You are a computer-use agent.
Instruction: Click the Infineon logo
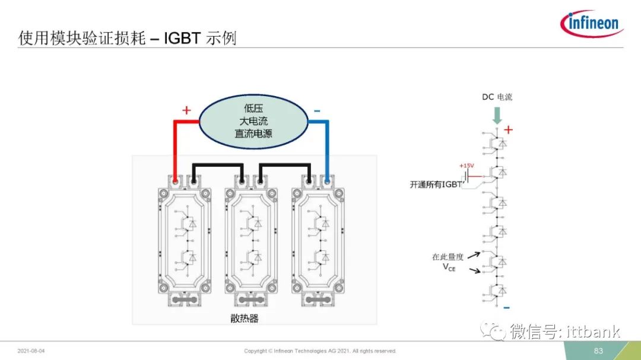tap(592, 23)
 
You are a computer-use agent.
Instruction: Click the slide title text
tap(127, 38)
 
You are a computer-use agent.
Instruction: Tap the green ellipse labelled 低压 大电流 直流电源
tap(253, 122)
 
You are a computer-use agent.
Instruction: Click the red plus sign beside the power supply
tap(186, 110)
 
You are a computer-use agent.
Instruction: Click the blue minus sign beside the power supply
tap(317, 111)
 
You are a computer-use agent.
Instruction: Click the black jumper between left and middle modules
tap(218, 165)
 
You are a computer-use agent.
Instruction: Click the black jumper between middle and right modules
tap(285, 165)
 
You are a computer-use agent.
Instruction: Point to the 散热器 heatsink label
tap(245, 318)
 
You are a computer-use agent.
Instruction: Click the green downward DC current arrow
tap(497, 116)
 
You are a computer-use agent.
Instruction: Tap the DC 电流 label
tap(497, 97)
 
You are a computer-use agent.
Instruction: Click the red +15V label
tap(467, 165)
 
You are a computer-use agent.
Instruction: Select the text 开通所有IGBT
tap(436, 184)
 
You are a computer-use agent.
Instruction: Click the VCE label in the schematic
tap(449, 267)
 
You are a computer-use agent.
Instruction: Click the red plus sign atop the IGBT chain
tap(508, 130)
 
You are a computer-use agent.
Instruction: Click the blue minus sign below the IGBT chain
tap(506, 307)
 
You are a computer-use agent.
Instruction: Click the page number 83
tap(598, 351)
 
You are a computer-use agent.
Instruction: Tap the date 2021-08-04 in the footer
tap(31, 351)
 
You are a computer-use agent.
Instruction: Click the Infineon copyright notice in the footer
tap(320, 351)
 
